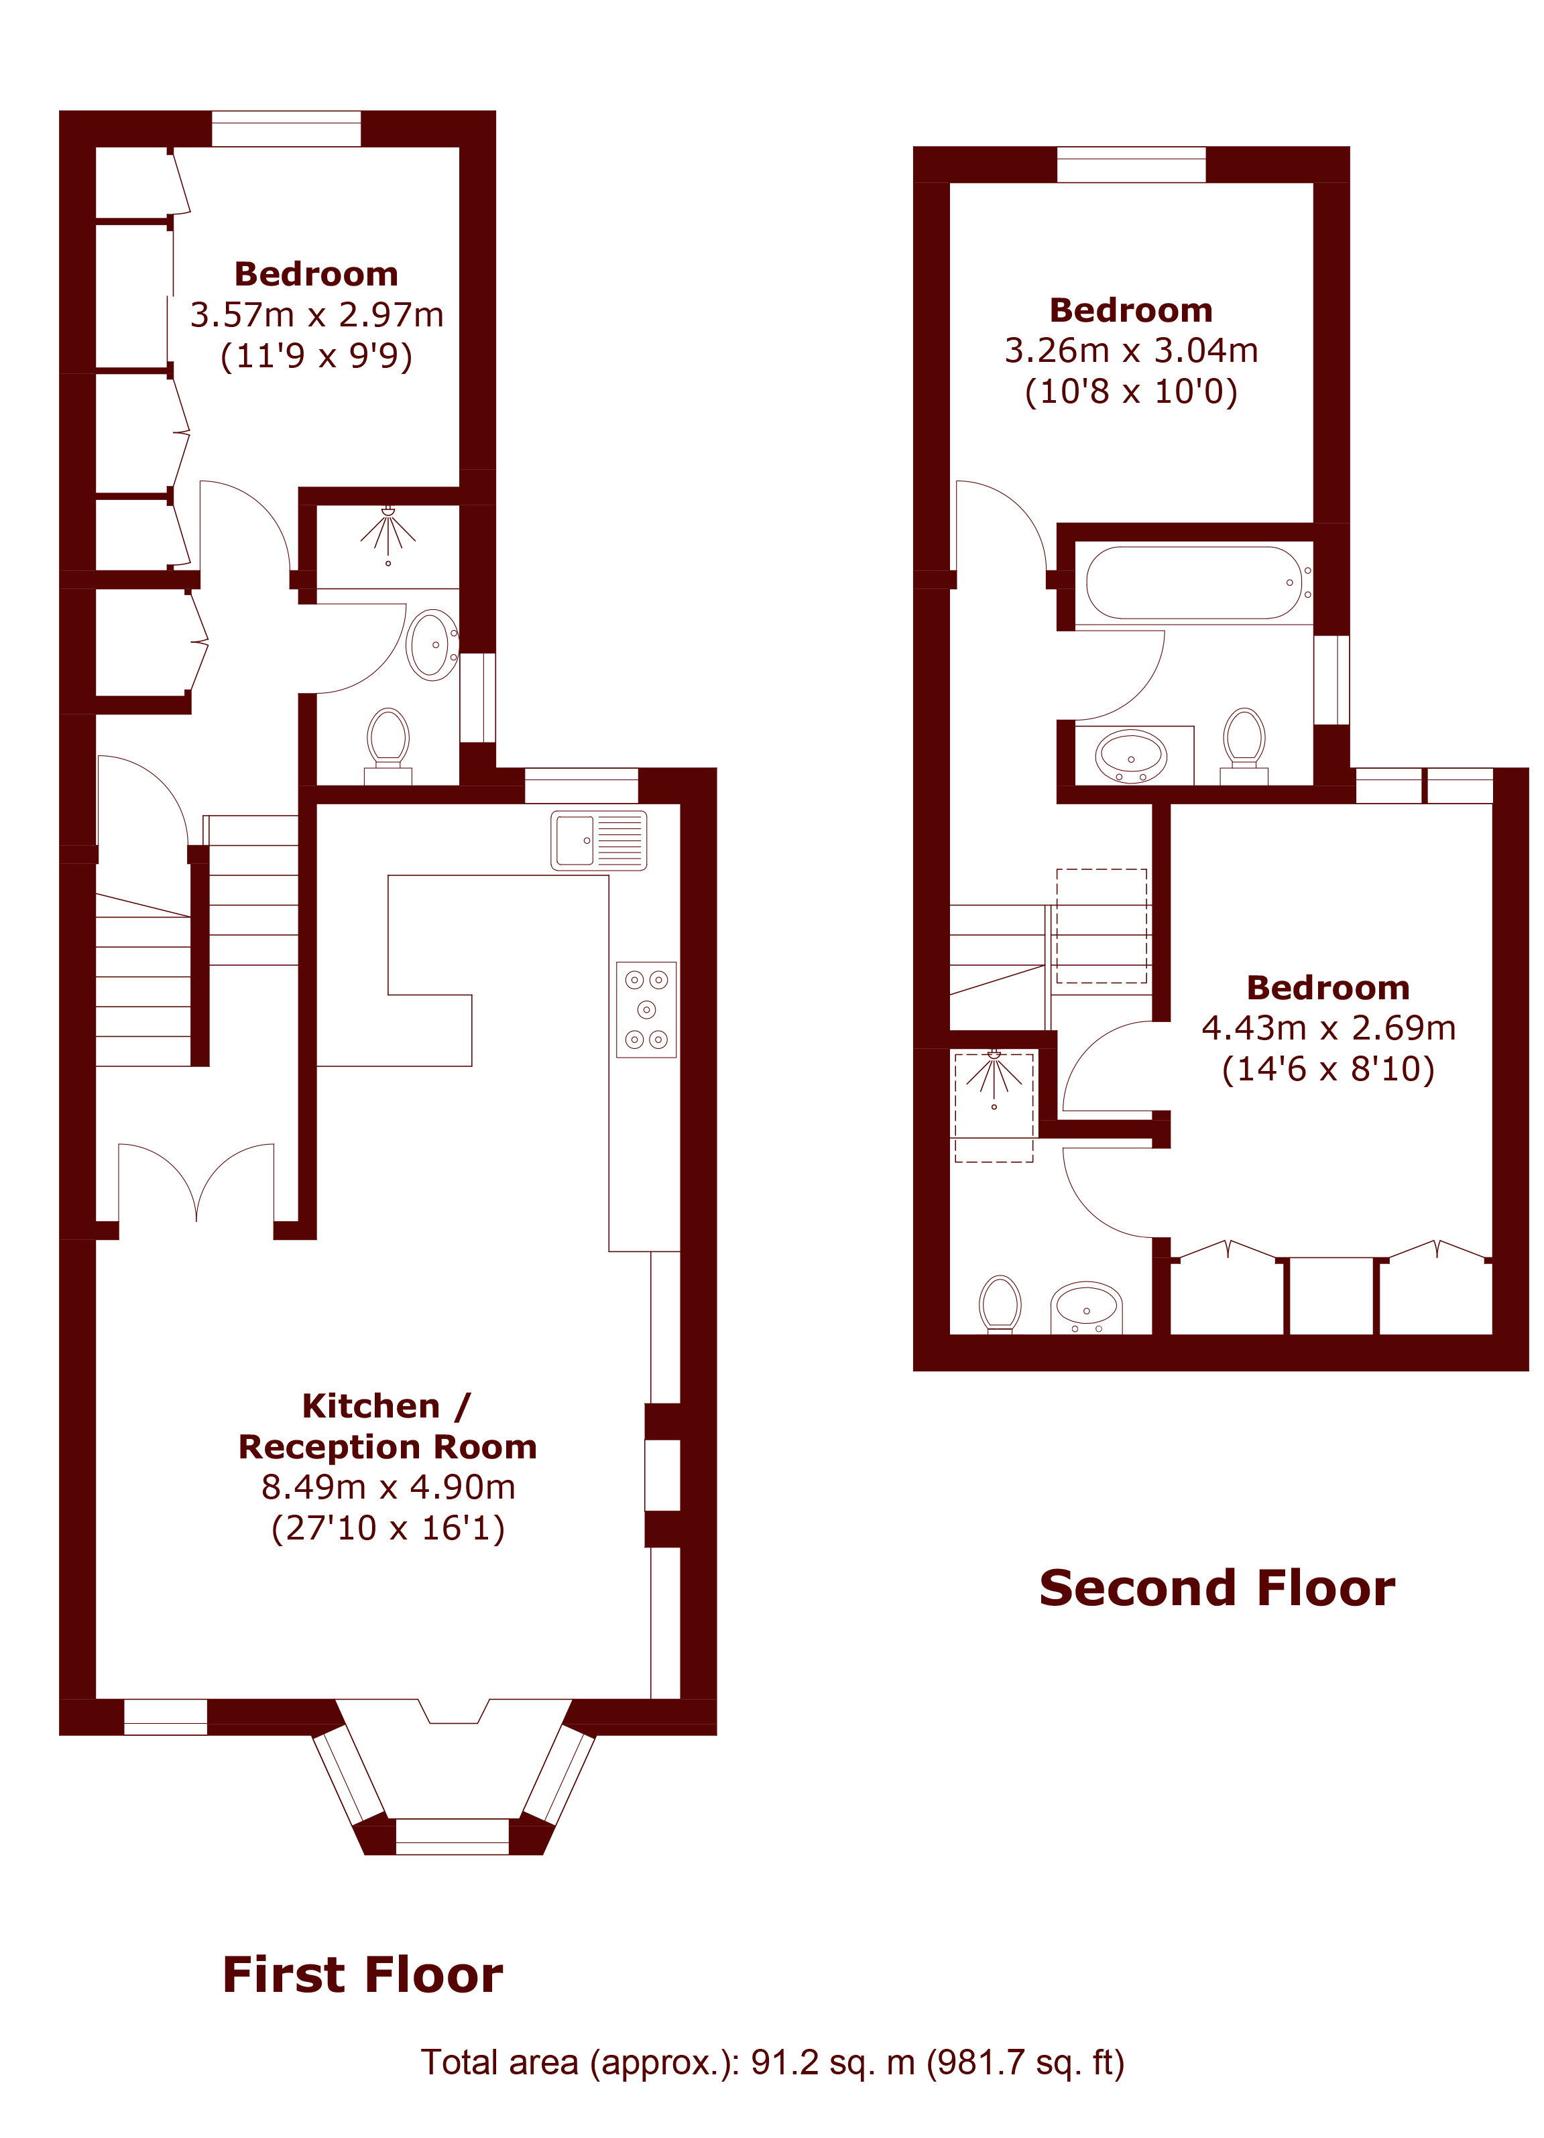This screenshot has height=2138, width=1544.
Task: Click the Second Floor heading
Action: (x=1217, y=1588)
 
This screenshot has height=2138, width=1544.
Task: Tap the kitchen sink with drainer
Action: (x=599, y=839)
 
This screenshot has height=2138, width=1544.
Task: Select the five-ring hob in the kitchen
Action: (x=646, y=1009)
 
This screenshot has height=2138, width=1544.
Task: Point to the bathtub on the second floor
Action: (x=1194, y=582)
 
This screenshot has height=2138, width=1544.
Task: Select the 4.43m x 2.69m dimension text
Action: (x=1328, y=1027)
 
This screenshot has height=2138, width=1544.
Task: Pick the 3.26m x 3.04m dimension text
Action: (x=1131, y=350)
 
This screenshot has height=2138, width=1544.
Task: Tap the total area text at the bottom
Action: (x=772, y=2062)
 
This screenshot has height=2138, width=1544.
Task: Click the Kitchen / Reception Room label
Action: (x=388, y=1426)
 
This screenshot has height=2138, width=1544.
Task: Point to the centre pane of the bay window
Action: (x=453, y=1836)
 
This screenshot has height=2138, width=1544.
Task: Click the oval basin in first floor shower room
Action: (x=432, y=645)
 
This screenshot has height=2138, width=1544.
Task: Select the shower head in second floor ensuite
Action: (x=994, y=1078)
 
